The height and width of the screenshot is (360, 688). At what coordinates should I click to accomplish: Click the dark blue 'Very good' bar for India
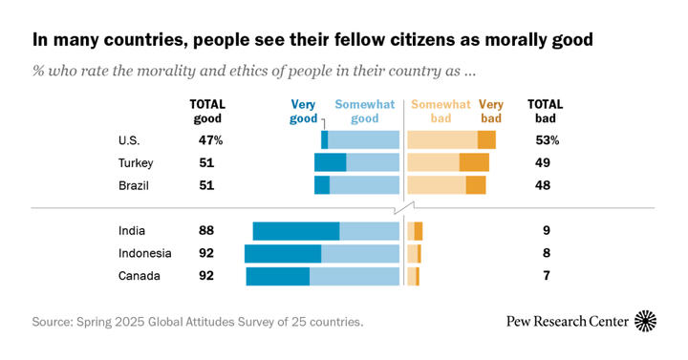point(296,231)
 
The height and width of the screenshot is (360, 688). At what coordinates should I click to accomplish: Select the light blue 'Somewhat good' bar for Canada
point(355,276)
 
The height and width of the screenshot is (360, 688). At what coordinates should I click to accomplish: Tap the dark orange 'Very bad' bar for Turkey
point(474,162)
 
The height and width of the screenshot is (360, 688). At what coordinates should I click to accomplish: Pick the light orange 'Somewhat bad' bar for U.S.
point(442,140)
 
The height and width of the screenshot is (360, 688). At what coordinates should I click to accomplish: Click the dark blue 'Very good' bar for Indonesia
point(283,253)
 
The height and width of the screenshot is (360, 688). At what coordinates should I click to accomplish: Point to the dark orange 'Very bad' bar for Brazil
point(476,185)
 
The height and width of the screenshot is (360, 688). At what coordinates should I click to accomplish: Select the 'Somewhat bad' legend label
point(441,112)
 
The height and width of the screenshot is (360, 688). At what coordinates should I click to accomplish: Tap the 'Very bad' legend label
point(491,112)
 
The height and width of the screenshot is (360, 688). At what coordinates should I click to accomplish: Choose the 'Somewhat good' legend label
point(364,112)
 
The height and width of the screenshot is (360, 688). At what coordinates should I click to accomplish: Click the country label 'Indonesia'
point(144,253)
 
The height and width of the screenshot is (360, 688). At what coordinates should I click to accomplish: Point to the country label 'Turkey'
point(136,162)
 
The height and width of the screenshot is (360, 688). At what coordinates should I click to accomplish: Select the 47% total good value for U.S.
point(209,140)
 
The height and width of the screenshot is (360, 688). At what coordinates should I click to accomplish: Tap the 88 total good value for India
point(205,231)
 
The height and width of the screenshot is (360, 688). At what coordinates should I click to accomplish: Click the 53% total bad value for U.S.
point(547,140)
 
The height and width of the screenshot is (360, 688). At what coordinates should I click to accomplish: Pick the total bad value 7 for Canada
point(546,276)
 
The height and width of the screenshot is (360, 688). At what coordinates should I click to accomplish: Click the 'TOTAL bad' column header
point(546,112)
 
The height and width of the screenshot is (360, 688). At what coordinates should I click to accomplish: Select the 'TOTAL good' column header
point(206,112)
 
